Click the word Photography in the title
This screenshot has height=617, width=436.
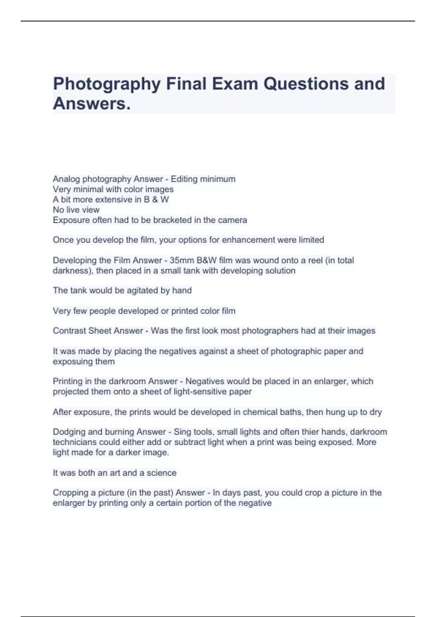tap(107, 84)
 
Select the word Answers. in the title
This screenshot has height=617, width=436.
tap(92, 104)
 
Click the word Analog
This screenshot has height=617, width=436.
tap(66, 179)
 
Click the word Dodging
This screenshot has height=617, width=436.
tap(69, 432)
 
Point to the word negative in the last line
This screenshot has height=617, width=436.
tap(255, 503)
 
